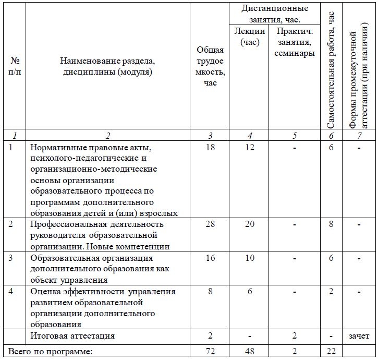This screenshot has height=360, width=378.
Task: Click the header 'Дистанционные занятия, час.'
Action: (275, 14)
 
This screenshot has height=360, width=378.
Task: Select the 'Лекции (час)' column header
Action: (250, 37)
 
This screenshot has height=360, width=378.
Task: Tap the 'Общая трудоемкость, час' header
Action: (210, 66)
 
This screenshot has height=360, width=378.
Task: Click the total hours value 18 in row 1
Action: (210, 148)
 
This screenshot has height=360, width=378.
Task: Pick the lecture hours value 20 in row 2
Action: (250, 224)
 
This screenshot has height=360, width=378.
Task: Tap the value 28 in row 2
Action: (210, 224)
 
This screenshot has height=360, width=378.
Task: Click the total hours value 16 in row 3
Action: (210, 258)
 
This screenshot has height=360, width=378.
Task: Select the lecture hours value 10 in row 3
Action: (250, 258)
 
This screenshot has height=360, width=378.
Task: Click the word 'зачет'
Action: (359, 335)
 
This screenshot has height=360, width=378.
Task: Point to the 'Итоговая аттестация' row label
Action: (72, 335)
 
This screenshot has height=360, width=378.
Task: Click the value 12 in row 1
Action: (250, 148)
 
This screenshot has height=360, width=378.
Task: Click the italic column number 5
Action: (295, 136)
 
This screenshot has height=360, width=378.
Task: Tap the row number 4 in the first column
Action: (11, 291)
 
